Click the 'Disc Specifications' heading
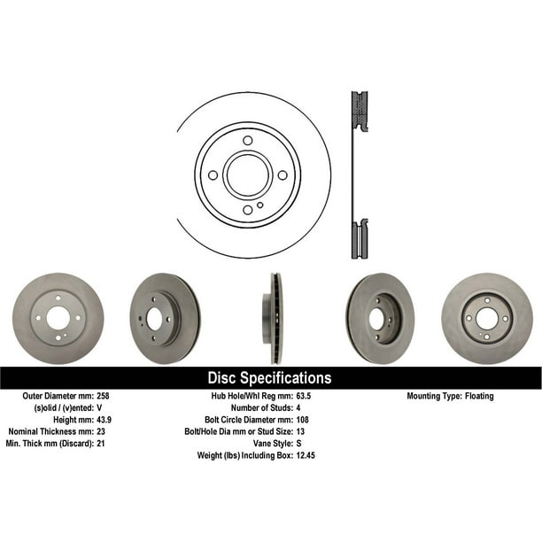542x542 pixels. click(269, 378)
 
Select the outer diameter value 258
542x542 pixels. click(103, 396)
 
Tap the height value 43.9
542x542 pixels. click(104, 420)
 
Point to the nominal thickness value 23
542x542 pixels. click(101, 431)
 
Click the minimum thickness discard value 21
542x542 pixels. click(101, 443)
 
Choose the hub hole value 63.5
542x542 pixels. click(304, 396)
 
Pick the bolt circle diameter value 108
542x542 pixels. click(303, 420)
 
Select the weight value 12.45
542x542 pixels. click(306, 455)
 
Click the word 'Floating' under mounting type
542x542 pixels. click(479, 396)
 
